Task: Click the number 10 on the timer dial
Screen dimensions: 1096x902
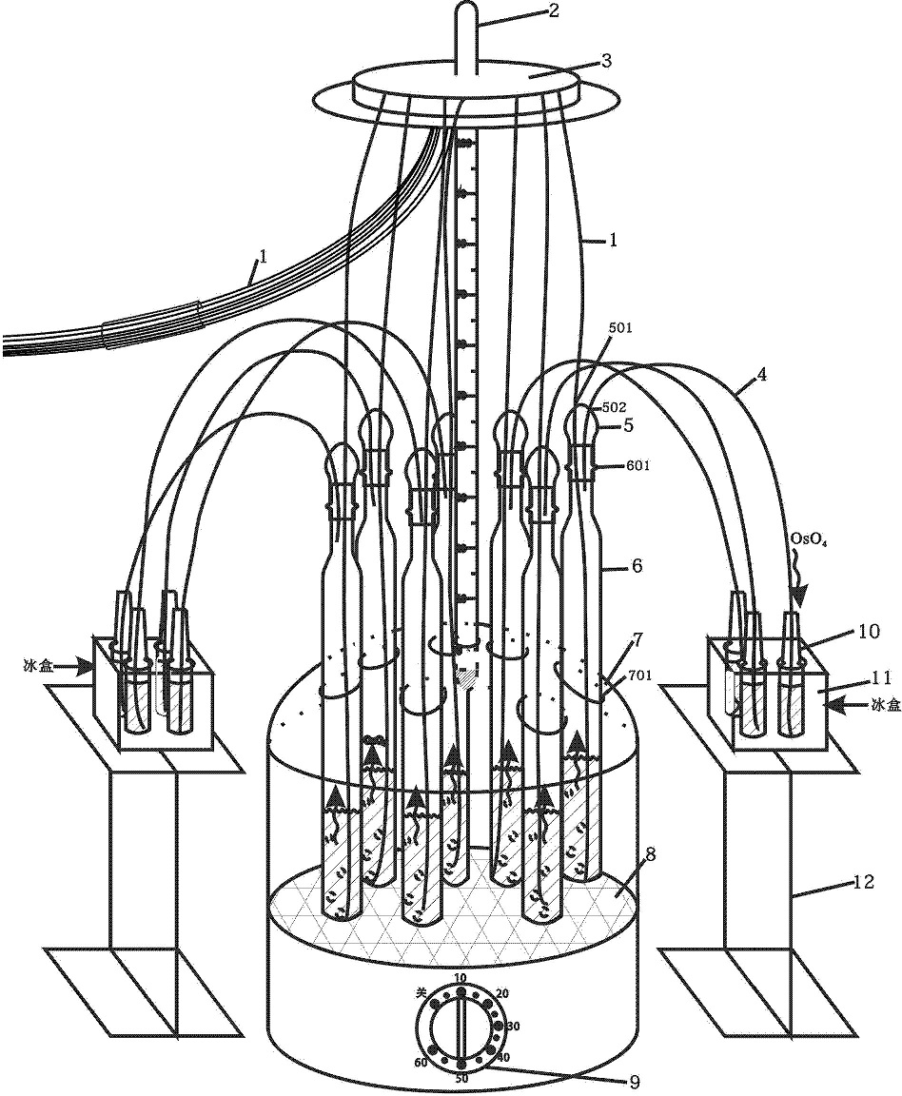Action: tap(461, 979)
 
